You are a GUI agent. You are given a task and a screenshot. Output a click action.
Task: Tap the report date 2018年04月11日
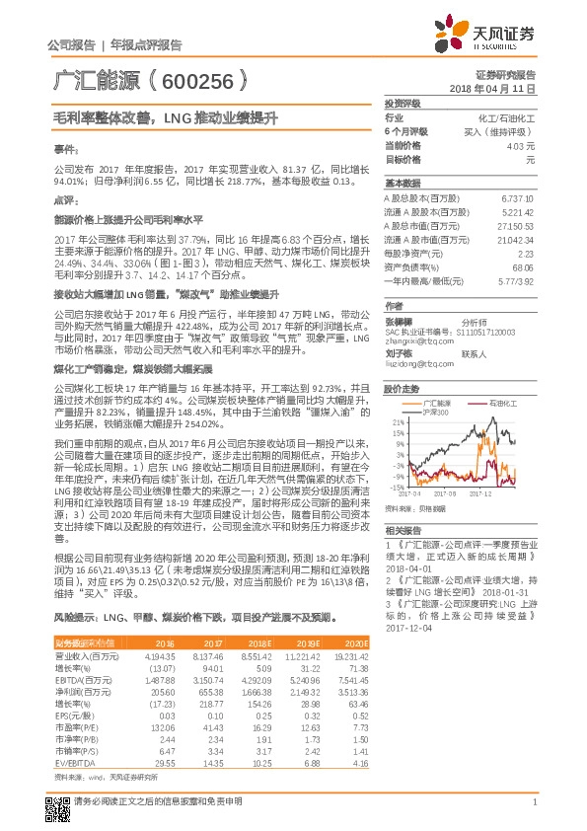490,88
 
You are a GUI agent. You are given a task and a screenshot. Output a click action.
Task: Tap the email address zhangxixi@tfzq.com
414,340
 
